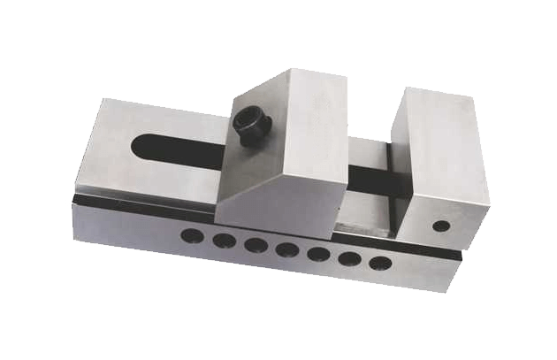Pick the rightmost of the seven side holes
pyautogui.click(x=379, y=263)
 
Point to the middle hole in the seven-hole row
pyautogui.click(x=286, y=249)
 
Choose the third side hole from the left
pyautogui.click(x=254, y=245)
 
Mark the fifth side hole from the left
pyautogui.click(x=317, y=254)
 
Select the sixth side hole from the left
pyautogui.click(x=348, y=258)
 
